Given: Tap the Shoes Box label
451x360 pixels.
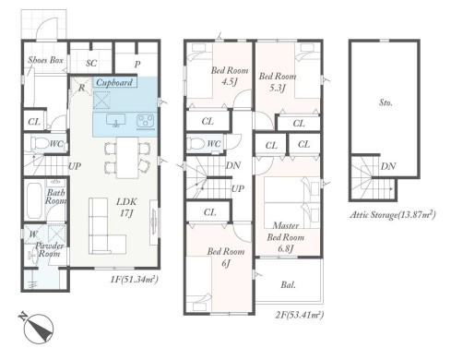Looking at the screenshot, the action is click(45, 60).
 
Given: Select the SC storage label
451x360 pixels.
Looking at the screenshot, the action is click(91, 63).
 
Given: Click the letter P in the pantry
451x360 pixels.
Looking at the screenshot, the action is click(137, 65).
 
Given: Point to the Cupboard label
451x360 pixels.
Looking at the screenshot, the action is click(114, 82).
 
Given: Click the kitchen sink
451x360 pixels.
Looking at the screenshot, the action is click(115, 120).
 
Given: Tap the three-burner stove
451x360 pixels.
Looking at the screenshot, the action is click(147, 121).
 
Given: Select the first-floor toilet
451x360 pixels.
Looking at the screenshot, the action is click(40, 143).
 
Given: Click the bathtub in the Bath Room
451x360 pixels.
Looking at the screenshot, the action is click(34, 200).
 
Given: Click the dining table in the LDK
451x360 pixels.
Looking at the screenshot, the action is click(127, 158).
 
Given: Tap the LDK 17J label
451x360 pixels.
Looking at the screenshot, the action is click(126, 207).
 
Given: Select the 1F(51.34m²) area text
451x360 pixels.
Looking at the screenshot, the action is click(135, 280).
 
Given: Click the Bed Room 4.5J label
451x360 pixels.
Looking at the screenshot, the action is click(230, 76).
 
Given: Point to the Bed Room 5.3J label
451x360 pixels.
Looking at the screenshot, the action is click(278, 81).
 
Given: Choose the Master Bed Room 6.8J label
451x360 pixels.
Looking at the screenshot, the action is click(286, 237).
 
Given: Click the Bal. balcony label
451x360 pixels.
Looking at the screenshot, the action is click(288, 285).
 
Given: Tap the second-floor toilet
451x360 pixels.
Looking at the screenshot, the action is click(196, 143).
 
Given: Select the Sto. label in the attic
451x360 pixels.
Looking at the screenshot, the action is click(386, 102).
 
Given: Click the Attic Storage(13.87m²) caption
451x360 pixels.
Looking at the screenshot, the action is click(393, 214).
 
